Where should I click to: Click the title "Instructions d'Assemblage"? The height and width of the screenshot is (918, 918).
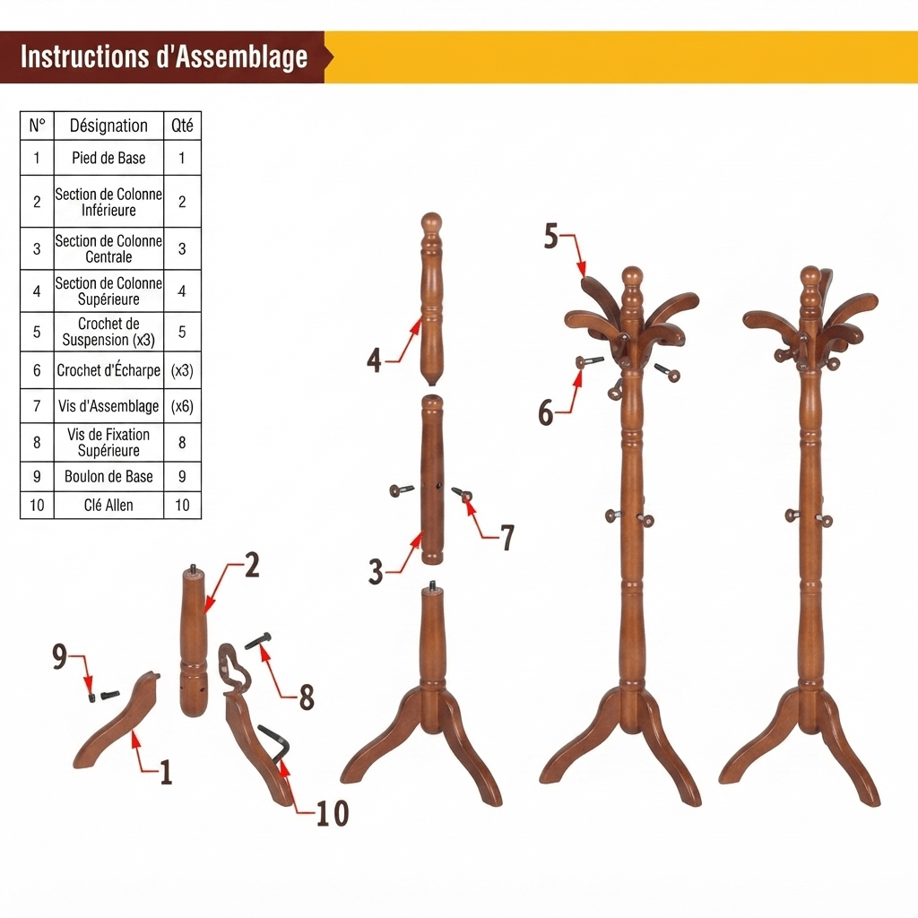pyautogui.click(x=164, y=56)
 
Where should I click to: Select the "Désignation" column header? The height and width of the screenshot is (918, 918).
pyautogui.click(x=108, y=126)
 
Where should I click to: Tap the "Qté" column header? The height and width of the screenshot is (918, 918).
pyautogui.click(x=182, y=126)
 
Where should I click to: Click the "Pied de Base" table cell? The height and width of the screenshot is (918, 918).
pyautogui.click(x=108, y=158)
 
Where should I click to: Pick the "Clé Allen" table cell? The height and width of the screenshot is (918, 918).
pyautogui.click(x=108, y=505)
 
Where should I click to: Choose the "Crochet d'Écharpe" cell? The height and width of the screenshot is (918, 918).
pyautogui.click(x=108, y=370)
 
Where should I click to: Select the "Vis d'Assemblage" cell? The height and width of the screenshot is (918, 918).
pyautogui.click(x=108, y=406)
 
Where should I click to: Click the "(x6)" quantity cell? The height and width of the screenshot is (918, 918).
pyautogui.click(x=182, y=406)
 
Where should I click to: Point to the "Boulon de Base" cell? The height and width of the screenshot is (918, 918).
pyautogui.click(x=108, y=476)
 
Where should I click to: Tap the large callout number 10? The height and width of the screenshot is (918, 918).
pyautogui.click(x=333, y=812)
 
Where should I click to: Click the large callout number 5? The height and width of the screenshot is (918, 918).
pyautogui.click(x=551, y=236)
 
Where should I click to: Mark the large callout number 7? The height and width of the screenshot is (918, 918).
pyautogui.click(x=507, y=538)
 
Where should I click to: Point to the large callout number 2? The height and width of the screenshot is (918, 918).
pyautogui.click(x=252, y=565)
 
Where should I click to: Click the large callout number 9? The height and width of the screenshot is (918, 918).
pyautogui.click(x=60, y=655)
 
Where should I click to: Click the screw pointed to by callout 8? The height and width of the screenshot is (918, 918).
pyautogui.click(x=259, y=642)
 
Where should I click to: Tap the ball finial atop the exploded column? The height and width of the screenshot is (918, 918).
pyautogui.click(x=431, y=223)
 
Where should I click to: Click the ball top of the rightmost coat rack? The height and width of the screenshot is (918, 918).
pyautogui.click(x=810, y=276)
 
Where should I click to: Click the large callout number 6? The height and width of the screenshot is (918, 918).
pyautogui.click(x=546, y=412)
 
